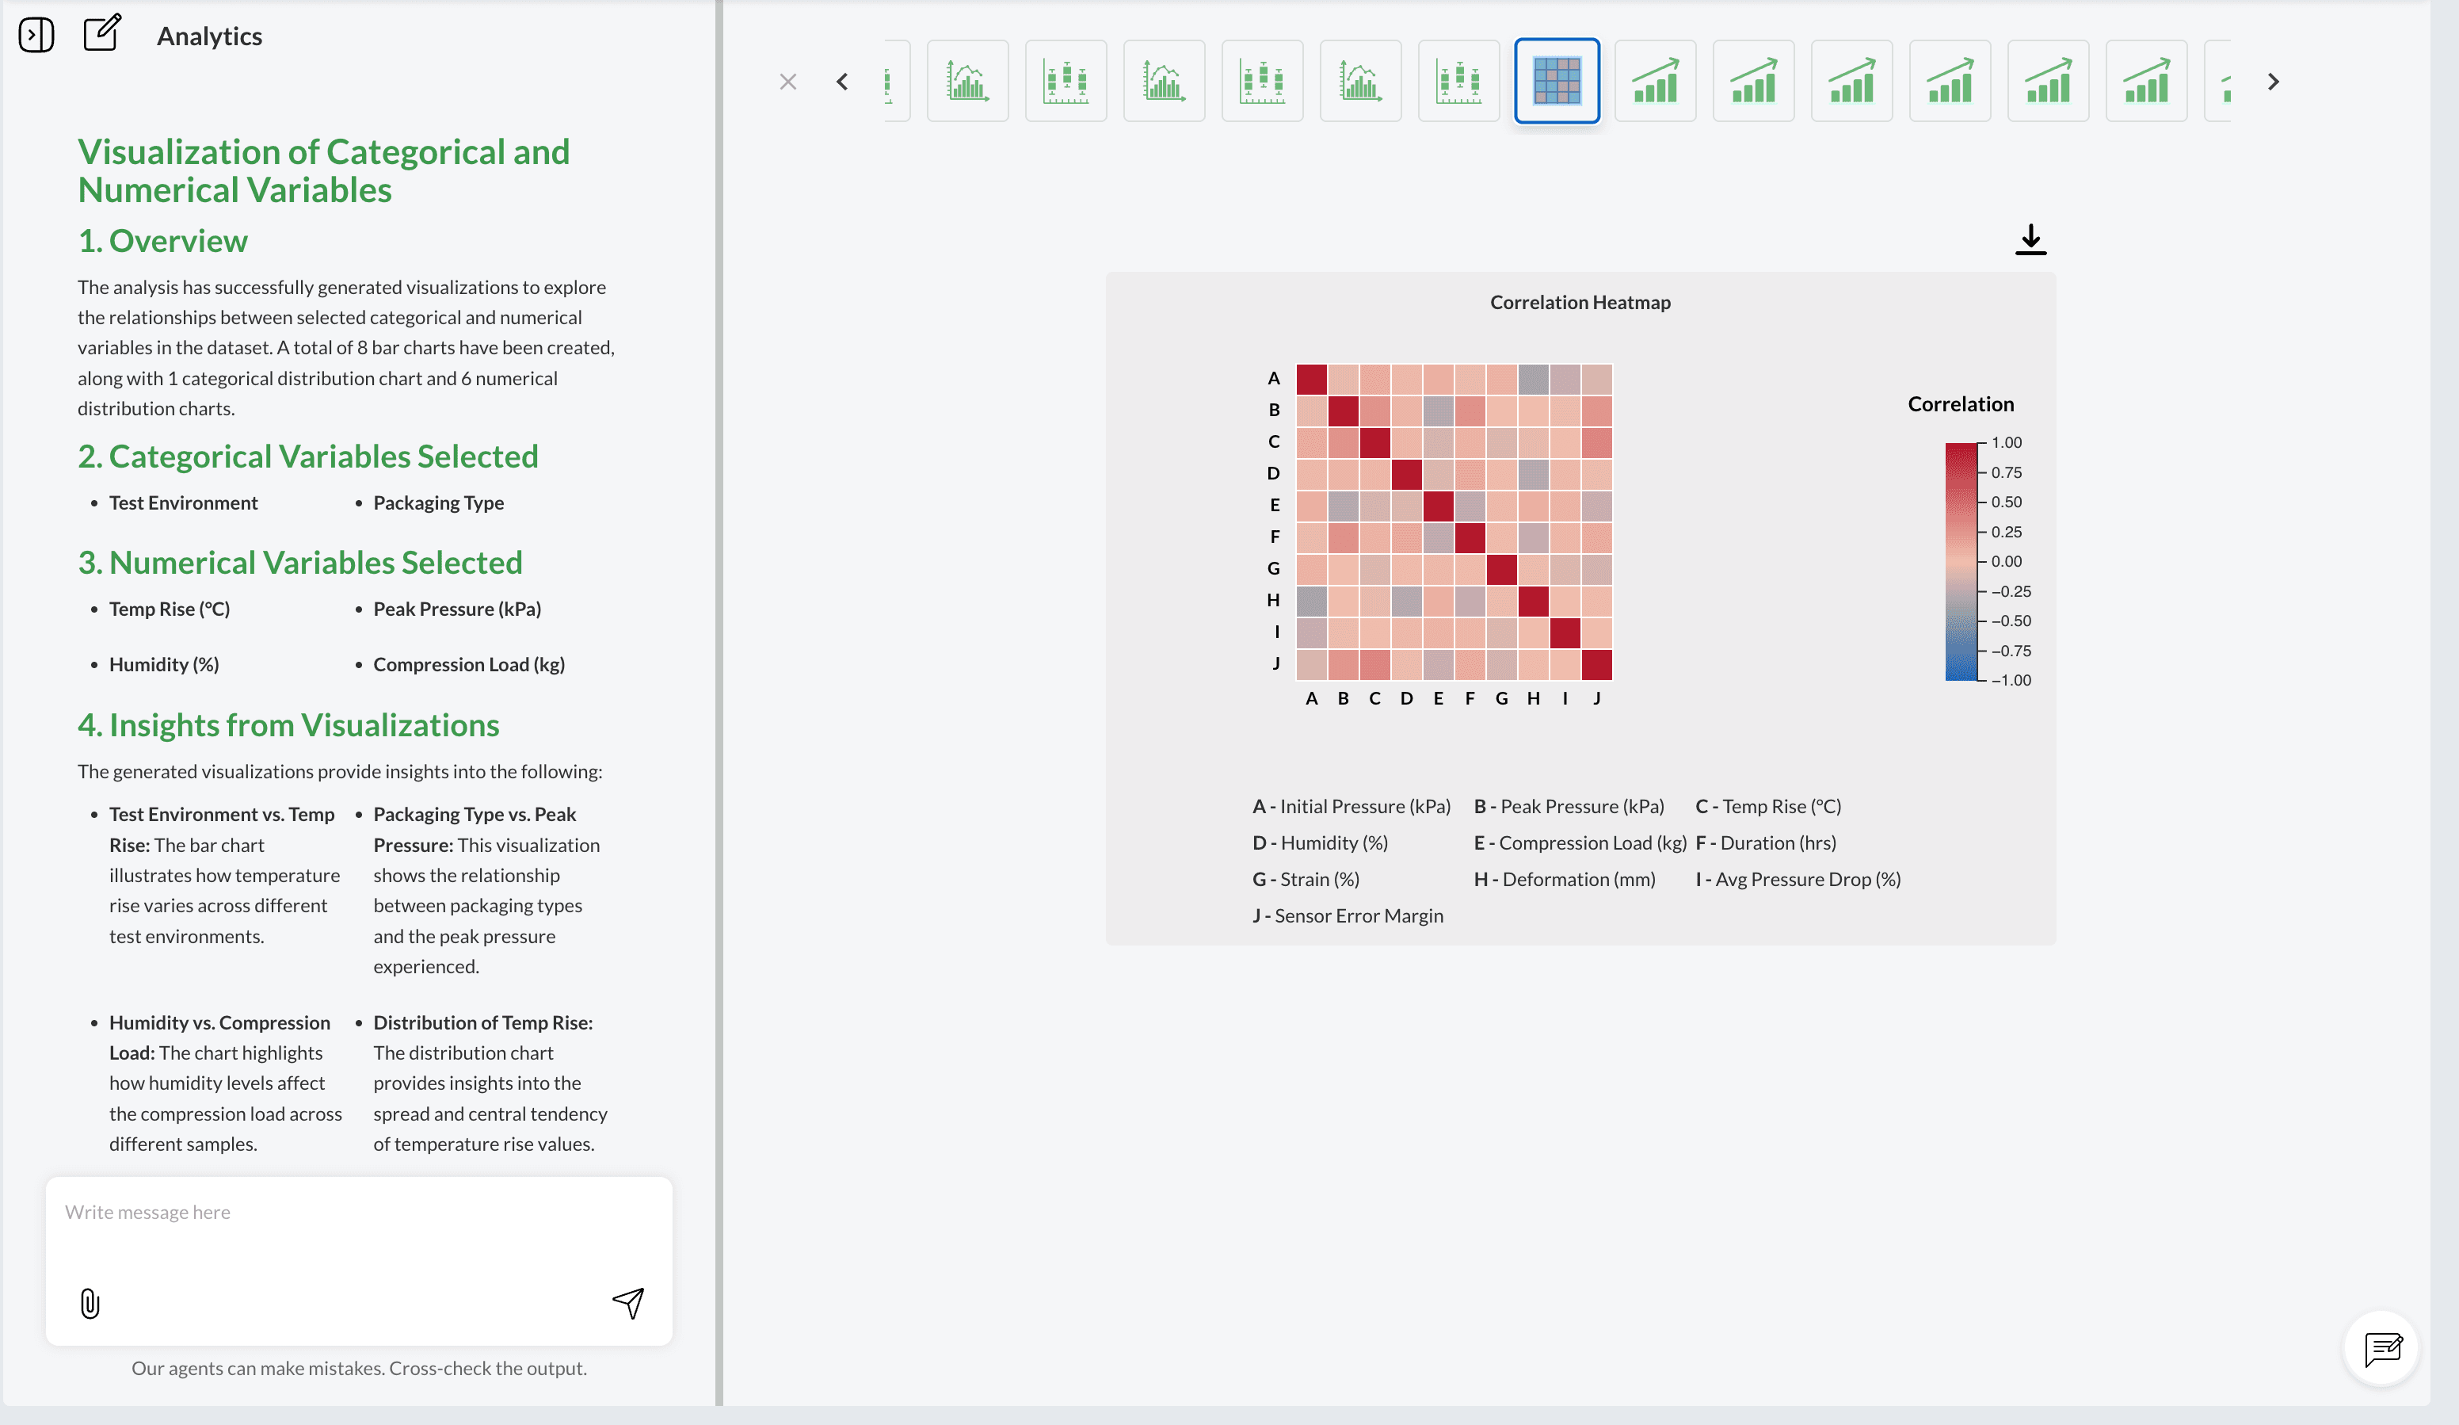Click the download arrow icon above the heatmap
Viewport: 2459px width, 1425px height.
(2030, 239)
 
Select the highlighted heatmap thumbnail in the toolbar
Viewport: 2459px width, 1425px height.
(1557, 81)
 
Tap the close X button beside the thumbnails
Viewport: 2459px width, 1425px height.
(788, 82)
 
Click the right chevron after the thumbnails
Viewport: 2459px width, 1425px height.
(2274, 82)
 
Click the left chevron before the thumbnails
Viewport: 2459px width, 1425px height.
(842, 82)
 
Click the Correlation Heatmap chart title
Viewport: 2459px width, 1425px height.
(1580, 303)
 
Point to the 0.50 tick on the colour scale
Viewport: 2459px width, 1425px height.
(2005, 502)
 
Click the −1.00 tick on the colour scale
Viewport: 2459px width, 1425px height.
(2010, 680)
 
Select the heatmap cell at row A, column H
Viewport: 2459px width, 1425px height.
(1533, 379)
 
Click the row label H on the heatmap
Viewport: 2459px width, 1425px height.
(1273, 600)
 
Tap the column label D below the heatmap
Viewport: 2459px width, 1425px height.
(1406, 698)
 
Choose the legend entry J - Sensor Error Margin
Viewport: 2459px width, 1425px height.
(1348, 915)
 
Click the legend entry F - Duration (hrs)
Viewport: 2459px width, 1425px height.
(1765, 842)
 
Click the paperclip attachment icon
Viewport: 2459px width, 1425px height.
(90, 1303)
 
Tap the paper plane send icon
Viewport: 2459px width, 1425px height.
(628, 1302)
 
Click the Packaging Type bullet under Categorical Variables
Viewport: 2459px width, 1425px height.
(438, 502)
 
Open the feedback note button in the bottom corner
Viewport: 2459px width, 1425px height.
(2382, 1348)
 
